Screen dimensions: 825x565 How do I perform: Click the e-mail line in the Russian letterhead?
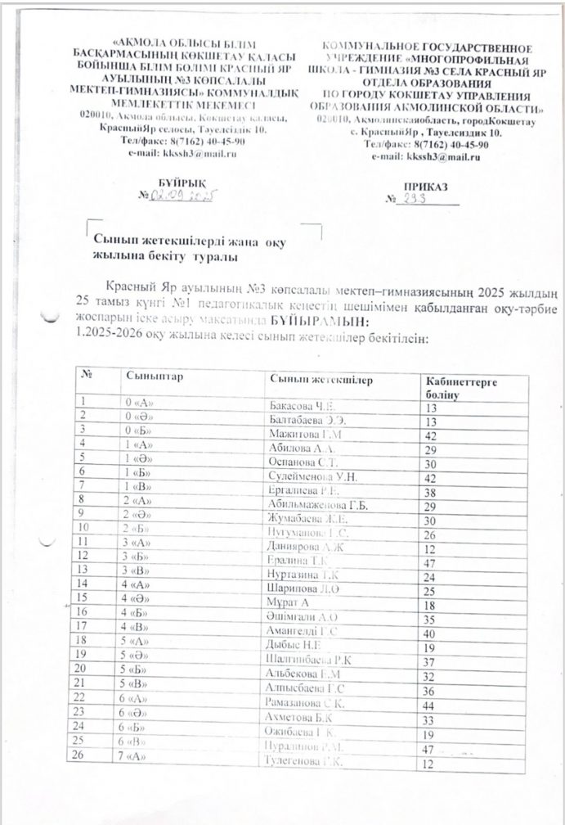[424, 157]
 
